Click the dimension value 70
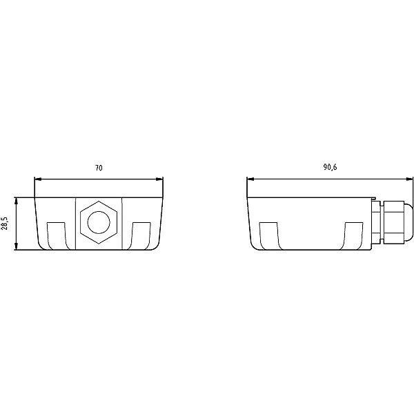tap(99, 168)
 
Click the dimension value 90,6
tap(330, 168)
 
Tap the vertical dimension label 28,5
tap(5, 223)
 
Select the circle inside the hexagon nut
tap(99, 222)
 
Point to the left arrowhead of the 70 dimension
tap(38, 179)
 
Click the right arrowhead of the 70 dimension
tap(159, 179)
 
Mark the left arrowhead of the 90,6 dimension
tap(250, 179)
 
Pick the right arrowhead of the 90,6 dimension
tap(409, 179)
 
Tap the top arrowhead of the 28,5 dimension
tap(17, 201)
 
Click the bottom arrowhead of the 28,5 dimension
tap(17, 246)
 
